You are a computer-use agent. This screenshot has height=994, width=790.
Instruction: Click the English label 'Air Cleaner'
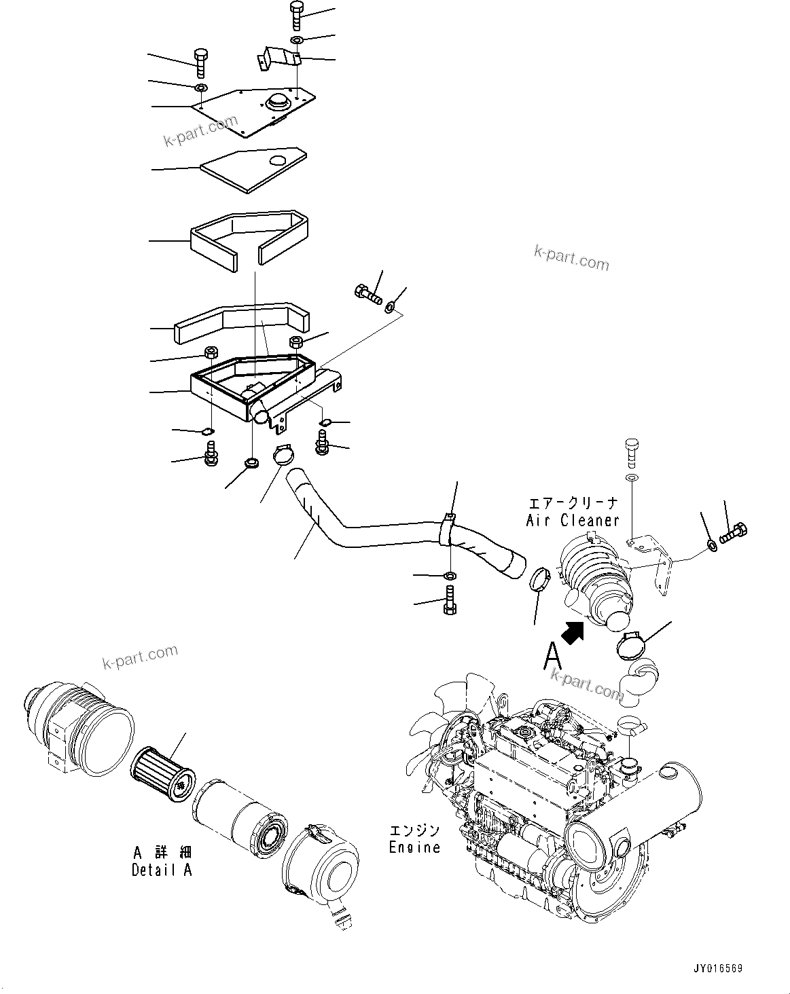point(573,520)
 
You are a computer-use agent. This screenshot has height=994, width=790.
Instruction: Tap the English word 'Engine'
point(414,847)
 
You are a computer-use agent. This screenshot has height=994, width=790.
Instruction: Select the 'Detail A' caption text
point(162,870)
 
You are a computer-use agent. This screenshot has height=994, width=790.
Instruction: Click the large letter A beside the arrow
point(553,656)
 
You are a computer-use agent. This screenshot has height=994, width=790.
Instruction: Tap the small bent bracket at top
point(279,56)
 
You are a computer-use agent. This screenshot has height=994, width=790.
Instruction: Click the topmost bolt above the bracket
point(297,14)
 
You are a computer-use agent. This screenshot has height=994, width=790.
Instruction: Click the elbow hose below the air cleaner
point(641,680)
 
